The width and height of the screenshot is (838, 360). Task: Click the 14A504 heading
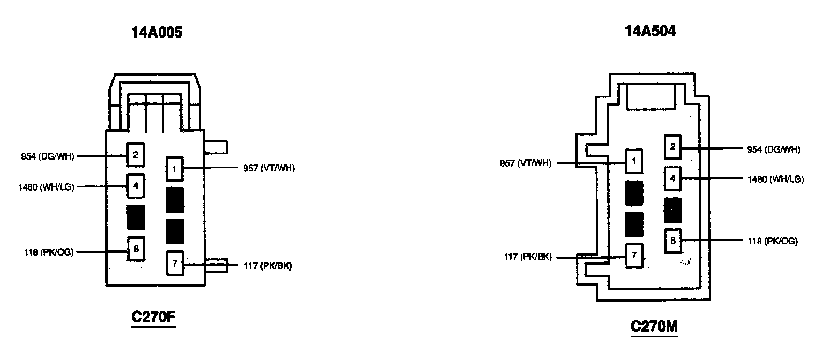[x=650, y=32]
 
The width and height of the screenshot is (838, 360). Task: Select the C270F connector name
[x=154, y=318]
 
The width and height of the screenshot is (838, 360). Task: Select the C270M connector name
[x=654, y=326]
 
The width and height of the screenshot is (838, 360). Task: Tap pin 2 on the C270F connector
[x=136, y=155]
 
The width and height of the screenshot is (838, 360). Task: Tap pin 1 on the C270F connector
[x=174, y=169]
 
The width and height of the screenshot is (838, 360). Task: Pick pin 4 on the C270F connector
[x=136, y=186]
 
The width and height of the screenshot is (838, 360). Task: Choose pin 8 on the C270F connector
[x=136, y=249]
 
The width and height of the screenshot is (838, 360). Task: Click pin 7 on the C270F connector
[x=174, y=262]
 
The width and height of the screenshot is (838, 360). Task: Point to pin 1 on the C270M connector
[x=634, y=160]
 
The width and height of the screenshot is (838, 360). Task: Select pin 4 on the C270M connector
[x=672, y=178]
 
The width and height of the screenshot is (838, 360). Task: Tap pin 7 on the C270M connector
[x=634, y=255]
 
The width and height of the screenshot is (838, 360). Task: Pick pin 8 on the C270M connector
[x=672, y=241]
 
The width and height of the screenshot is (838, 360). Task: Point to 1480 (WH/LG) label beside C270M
[x=775, y=179]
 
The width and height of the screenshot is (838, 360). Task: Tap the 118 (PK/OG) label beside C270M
[x=773, y=242]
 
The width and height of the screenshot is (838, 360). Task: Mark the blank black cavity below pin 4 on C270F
[x=136, y=217]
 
